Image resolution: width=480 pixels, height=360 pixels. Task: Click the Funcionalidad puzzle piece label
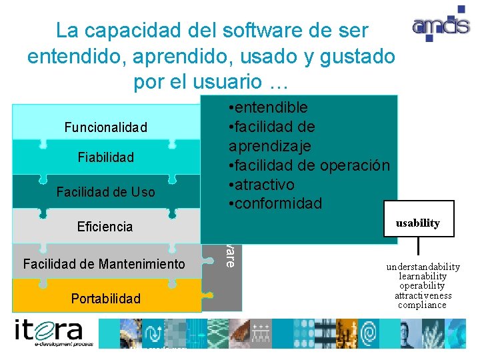[105, 127]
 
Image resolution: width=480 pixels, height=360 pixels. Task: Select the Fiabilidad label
[105, 157]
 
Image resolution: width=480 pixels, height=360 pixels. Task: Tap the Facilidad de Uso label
[105, 192]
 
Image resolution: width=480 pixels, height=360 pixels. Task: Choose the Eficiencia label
[105, 227]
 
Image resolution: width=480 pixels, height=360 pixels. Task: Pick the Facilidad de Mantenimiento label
[104, 265]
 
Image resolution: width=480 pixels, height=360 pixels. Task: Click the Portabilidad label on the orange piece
[105, 299]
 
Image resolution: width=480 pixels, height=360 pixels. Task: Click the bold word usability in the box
[417, 223]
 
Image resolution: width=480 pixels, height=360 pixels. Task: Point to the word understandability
[423, 267]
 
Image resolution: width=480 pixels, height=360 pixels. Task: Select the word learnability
[423, 276]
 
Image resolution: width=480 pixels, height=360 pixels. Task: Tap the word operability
[423, 285]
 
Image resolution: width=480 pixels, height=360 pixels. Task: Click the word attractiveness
[423, 295]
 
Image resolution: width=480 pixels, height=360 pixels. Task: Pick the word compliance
[423, 305]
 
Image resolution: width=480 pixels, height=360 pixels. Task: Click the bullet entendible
[267, 107]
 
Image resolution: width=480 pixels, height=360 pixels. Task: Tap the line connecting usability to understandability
[418, 247]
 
